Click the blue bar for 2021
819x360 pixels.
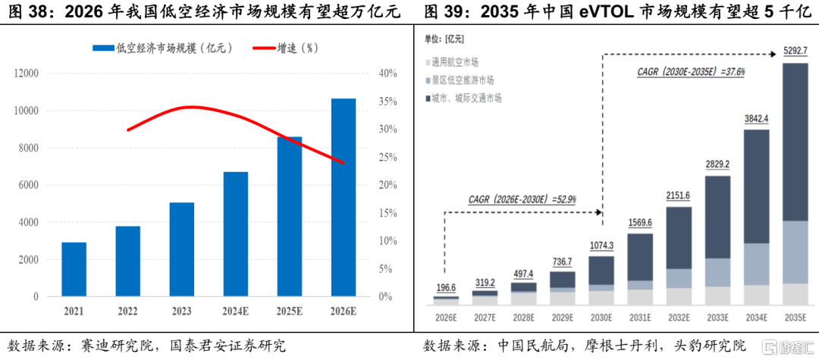[74, 269]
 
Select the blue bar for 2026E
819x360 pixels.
[344, 197]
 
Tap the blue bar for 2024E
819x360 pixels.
[236, 234]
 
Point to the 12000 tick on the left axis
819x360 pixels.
[27, 74]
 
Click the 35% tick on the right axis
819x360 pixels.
[387, 102]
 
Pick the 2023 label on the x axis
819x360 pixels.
[182, 311]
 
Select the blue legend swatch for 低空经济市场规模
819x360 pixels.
[103, 48]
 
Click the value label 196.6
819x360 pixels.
[446, 288]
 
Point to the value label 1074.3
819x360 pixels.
[601, 246]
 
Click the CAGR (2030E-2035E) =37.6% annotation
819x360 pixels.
[691, 72]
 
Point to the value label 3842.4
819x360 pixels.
[756, 119]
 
